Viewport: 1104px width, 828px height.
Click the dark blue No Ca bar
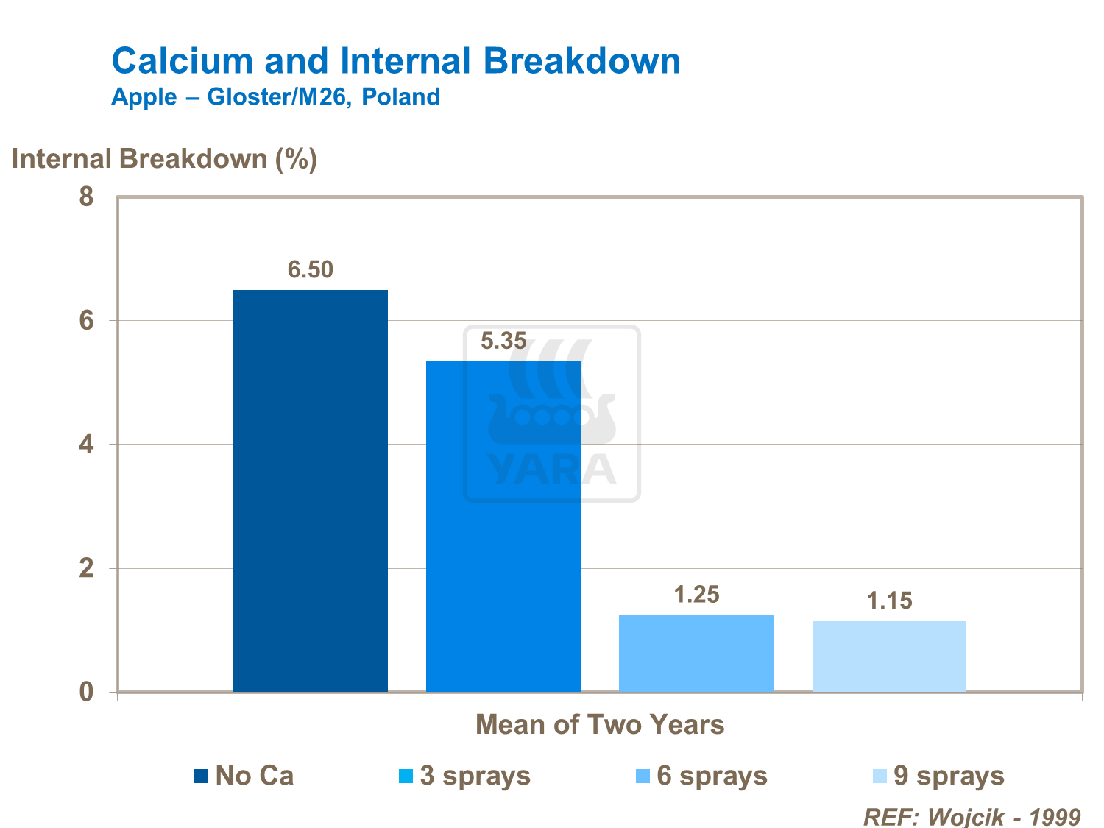click(310, 491)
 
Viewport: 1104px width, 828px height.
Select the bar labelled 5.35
click(503, 526)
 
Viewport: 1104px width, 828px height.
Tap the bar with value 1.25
click(696, 653)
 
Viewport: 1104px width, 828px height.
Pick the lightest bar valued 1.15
click(889, 656)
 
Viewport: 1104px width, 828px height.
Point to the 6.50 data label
click(310, 270)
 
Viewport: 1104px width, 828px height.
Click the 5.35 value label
click(503, 341)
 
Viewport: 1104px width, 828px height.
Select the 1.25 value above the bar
click(696, 595)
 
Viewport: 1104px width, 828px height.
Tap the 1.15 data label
click(889, 601)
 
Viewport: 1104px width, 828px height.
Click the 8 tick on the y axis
click(87, 197)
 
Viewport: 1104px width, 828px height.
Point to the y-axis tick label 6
click(87, 321)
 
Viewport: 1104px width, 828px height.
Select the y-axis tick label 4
click(87, 445)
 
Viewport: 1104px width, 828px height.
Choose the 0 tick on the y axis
click(87, 692)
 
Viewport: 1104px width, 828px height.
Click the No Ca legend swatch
click(202, 776)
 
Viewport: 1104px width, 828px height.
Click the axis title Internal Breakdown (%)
click(164, 159)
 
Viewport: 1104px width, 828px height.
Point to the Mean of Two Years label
click(600, 725)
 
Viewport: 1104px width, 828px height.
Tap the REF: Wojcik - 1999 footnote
click(972, 817)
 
